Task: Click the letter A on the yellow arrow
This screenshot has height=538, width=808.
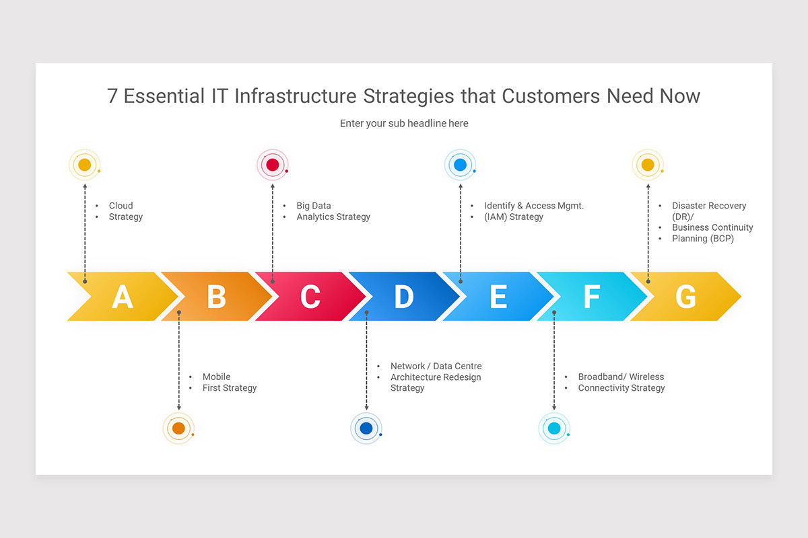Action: click(x=122, y=297)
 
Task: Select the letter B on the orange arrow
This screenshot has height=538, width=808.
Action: click(x=216, y=297)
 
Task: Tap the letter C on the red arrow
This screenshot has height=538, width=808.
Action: click(x=310, y=297)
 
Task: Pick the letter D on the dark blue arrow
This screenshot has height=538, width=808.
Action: click(x=404, y=297)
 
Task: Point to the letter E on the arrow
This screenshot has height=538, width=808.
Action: click(x=498, y=297)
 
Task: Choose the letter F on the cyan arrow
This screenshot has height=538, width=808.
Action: click(x=591, y=297)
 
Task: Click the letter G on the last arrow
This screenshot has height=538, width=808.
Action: click(x=685, y=297)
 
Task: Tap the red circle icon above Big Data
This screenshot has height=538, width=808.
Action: click(x=273, y=165)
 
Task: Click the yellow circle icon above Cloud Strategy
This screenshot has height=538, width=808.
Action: click(x=85, y=165)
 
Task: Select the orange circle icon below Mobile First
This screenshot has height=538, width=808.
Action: click(x=178, y=428)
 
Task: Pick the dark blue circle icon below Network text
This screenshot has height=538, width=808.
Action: click(x=366, y=428)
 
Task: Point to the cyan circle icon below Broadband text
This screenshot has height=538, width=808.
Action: click(x=554, y=428)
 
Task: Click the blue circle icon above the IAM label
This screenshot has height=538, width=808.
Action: click(x=461, y=165)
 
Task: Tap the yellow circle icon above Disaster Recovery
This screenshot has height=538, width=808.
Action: click(x=648, y=165)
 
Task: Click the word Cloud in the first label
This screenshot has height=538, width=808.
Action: click(x=121, y=206)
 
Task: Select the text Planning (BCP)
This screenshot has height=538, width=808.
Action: click(x=702, y=238)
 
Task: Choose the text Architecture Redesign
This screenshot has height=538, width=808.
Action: click(x=436, y=377)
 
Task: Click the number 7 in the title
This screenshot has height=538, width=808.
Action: click(x=112, y=96)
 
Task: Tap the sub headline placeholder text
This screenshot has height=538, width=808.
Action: click(x=404, y=123)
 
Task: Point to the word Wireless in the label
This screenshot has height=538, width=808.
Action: click(x=646, y=377)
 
